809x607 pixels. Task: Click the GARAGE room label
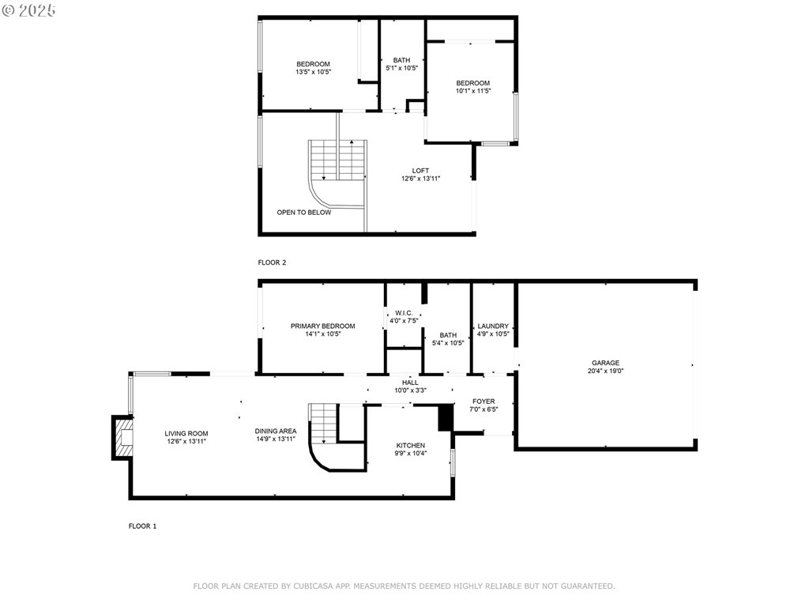605,363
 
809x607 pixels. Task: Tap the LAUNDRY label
493,326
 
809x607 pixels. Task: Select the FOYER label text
484,401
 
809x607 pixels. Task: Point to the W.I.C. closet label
404,313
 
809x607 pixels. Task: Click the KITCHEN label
411,446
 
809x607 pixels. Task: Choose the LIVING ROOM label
186,434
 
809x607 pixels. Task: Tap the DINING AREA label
276,431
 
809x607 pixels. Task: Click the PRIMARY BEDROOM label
322,326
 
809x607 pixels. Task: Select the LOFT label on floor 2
420,171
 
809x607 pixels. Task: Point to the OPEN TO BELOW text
304,212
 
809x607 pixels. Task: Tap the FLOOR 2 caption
272,262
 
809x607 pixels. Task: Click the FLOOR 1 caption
142,526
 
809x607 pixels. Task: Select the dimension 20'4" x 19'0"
606,371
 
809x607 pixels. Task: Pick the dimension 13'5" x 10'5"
313,72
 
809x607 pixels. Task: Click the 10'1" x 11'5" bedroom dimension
473,91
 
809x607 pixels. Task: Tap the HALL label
410,383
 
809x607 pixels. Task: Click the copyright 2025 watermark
28,10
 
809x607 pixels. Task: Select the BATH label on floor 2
401,60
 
